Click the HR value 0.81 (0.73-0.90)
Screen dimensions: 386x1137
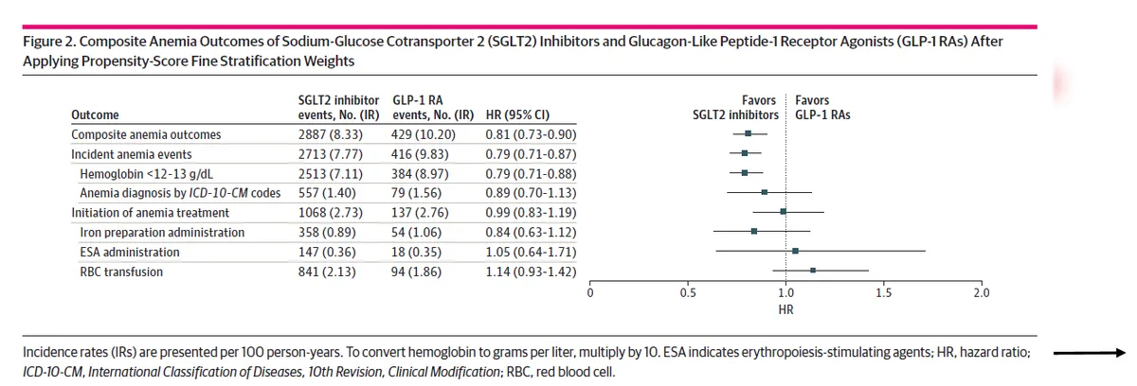pyautogui.click(x=531, y=134)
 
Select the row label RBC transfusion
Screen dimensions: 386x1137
pyautogui.click(x=121, y=272)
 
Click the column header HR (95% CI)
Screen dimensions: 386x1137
pyautogui.click(x=516, y=115)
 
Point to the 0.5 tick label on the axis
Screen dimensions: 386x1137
pyautogui.click(x=687, y=293)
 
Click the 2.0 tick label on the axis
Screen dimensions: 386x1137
pyautogui.click(x=981, y=293)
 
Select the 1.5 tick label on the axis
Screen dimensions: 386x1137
pyautogui.click(x=883, y=293)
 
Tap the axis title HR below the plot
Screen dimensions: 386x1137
pyautogui.click(x=785, y=309)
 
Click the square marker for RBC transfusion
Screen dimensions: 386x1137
pyautogui.click(x=813, y=271)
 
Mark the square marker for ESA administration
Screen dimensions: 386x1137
pyautogui.click(x=795, y=251)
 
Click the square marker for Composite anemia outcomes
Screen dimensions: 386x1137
pyautogui.click(x=749, y=133)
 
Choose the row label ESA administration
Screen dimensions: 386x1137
pyautogui.click(x=129, y=253)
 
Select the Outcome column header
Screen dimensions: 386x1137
pyautogui.click(x=95, y=115)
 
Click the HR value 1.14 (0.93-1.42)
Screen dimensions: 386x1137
pyautogui.click(x=531, y=272)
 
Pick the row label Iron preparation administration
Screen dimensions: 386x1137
pyautogui.click(x=162, y=233)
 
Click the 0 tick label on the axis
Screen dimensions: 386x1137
pyautogui.click(x=590, y=293)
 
